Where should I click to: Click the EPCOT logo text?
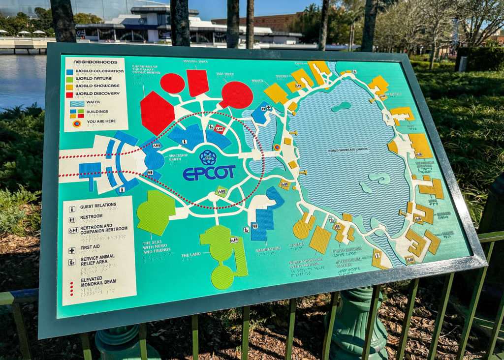coord(209,173)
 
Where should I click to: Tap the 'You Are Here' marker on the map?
coord(277,147)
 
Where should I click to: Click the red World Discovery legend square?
coord(70,93)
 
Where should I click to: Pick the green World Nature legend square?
coord(70,79)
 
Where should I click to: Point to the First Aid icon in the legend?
coord(72,250)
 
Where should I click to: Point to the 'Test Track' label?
coord(225,74)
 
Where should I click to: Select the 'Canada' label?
coord(297,244)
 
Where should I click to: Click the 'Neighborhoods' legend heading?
coord(95,62)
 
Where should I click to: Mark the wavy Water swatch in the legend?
coord(77,103)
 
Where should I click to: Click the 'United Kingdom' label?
coord(347,249)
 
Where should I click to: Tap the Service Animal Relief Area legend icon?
coord(72,262)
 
